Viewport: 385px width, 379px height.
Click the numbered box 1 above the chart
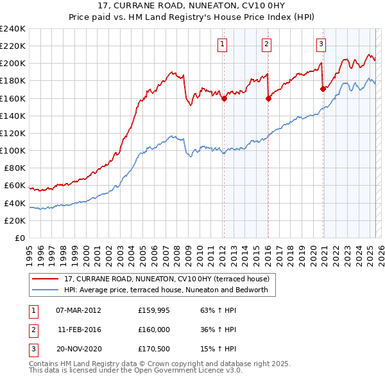click(x=222, y=44)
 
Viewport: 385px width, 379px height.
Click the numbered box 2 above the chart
click(x=266, y=44)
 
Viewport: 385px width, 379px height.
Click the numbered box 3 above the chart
click(x=321, y=44)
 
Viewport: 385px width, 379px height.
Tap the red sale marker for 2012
click(x=224, y=98)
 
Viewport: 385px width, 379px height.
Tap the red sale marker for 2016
click(x=268, y=98)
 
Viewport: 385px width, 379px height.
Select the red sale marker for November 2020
click(x=323, y=89)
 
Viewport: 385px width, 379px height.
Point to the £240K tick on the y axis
click(x=13, y=29)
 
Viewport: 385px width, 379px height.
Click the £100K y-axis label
click(x=13, y=150)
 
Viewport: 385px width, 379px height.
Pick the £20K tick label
click(x=15, y=220)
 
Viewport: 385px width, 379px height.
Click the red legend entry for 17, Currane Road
click(x=169, y=279)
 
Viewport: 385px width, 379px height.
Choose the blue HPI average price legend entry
click(x=169, y=290)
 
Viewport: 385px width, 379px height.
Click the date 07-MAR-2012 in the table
click(x=78, y=310)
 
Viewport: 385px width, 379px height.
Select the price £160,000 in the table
click(x=153, y=330)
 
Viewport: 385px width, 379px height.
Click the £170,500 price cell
click(x=153, y=349)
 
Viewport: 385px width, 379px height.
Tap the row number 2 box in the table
click(x=32, y=330)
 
